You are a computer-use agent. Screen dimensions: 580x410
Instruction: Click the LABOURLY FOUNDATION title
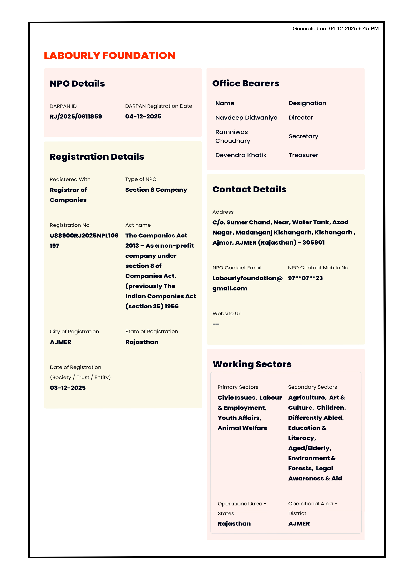coord(109,56)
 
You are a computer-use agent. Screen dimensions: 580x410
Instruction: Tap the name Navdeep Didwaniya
coord(246,118)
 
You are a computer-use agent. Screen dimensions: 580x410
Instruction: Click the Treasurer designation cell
coord(303,155)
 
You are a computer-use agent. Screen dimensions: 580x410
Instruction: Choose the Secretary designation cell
coord(303,136)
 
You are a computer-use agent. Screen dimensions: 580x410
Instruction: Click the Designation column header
coord(307,103)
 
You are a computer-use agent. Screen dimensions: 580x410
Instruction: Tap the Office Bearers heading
coord(246,83)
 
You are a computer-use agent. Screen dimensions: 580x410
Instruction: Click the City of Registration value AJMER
coord(61,342)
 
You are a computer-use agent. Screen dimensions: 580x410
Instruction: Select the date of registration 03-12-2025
coord(68,388)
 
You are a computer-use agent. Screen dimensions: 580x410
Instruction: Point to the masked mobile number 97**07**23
coord(305,278)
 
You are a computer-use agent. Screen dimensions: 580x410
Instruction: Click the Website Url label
coord(227,313)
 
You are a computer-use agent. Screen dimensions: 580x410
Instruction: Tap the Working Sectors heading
coord(252,364)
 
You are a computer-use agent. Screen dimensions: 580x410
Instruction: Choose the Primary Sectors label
coord(238,387)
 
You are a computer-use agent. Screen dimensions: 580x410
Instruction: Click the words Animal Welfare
coord(242,428)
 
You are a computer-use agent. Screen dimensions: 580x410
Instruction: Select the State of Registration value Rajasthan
coord(142,342)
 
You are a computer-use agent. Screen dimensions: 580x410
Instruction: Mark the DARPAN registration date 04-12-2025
coord(143,116)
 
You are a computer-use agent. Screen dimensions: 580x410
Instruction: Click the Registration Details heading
coord(97,157)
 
